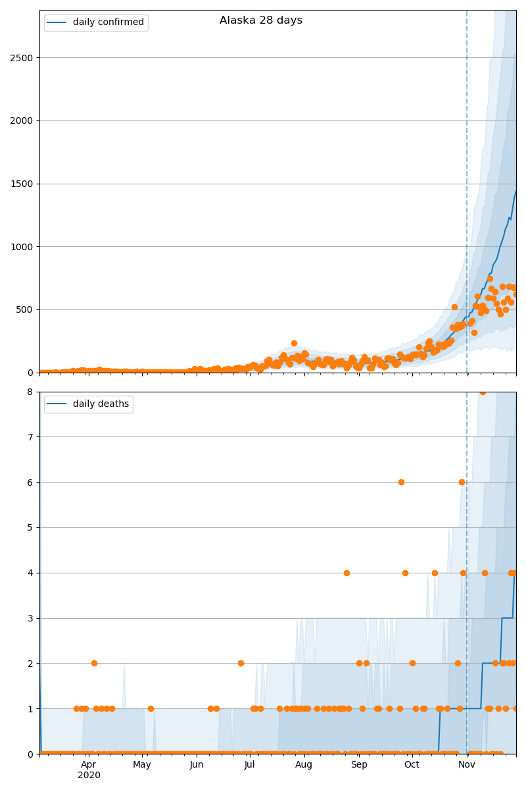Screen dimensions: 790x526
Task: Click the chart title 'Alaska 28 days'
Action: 261,20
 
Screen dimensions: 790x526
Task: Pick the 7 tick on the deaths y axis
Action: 30,437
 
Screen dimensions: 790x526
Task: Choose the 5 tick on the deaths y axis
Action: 30,527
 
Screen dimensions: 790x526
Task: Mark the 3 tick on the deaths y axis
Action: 30,618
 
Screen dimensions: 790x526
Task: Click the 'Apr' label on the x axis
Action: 89,764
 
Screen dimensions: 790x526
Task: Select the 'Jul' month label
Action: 250,764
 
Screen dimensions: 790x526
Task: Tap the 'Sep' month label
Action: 359,764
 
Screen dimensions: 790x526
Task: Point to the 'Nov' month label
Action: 467,764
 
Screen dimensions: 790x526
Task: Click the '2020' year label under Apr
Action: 89,776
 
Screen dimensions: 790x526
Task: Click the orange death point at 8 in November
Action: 483,392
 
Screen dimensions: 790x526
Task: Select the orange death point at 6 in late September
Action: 401,482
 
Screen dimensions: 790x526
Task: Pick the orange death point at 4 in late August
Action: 347,573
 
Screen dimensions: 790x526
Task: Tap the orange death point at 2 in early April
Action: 94,663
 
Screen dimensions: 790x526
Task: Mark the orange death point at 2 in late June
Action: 241,663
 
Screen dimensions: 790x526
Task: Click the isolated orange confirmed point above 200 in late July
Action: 294,343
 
